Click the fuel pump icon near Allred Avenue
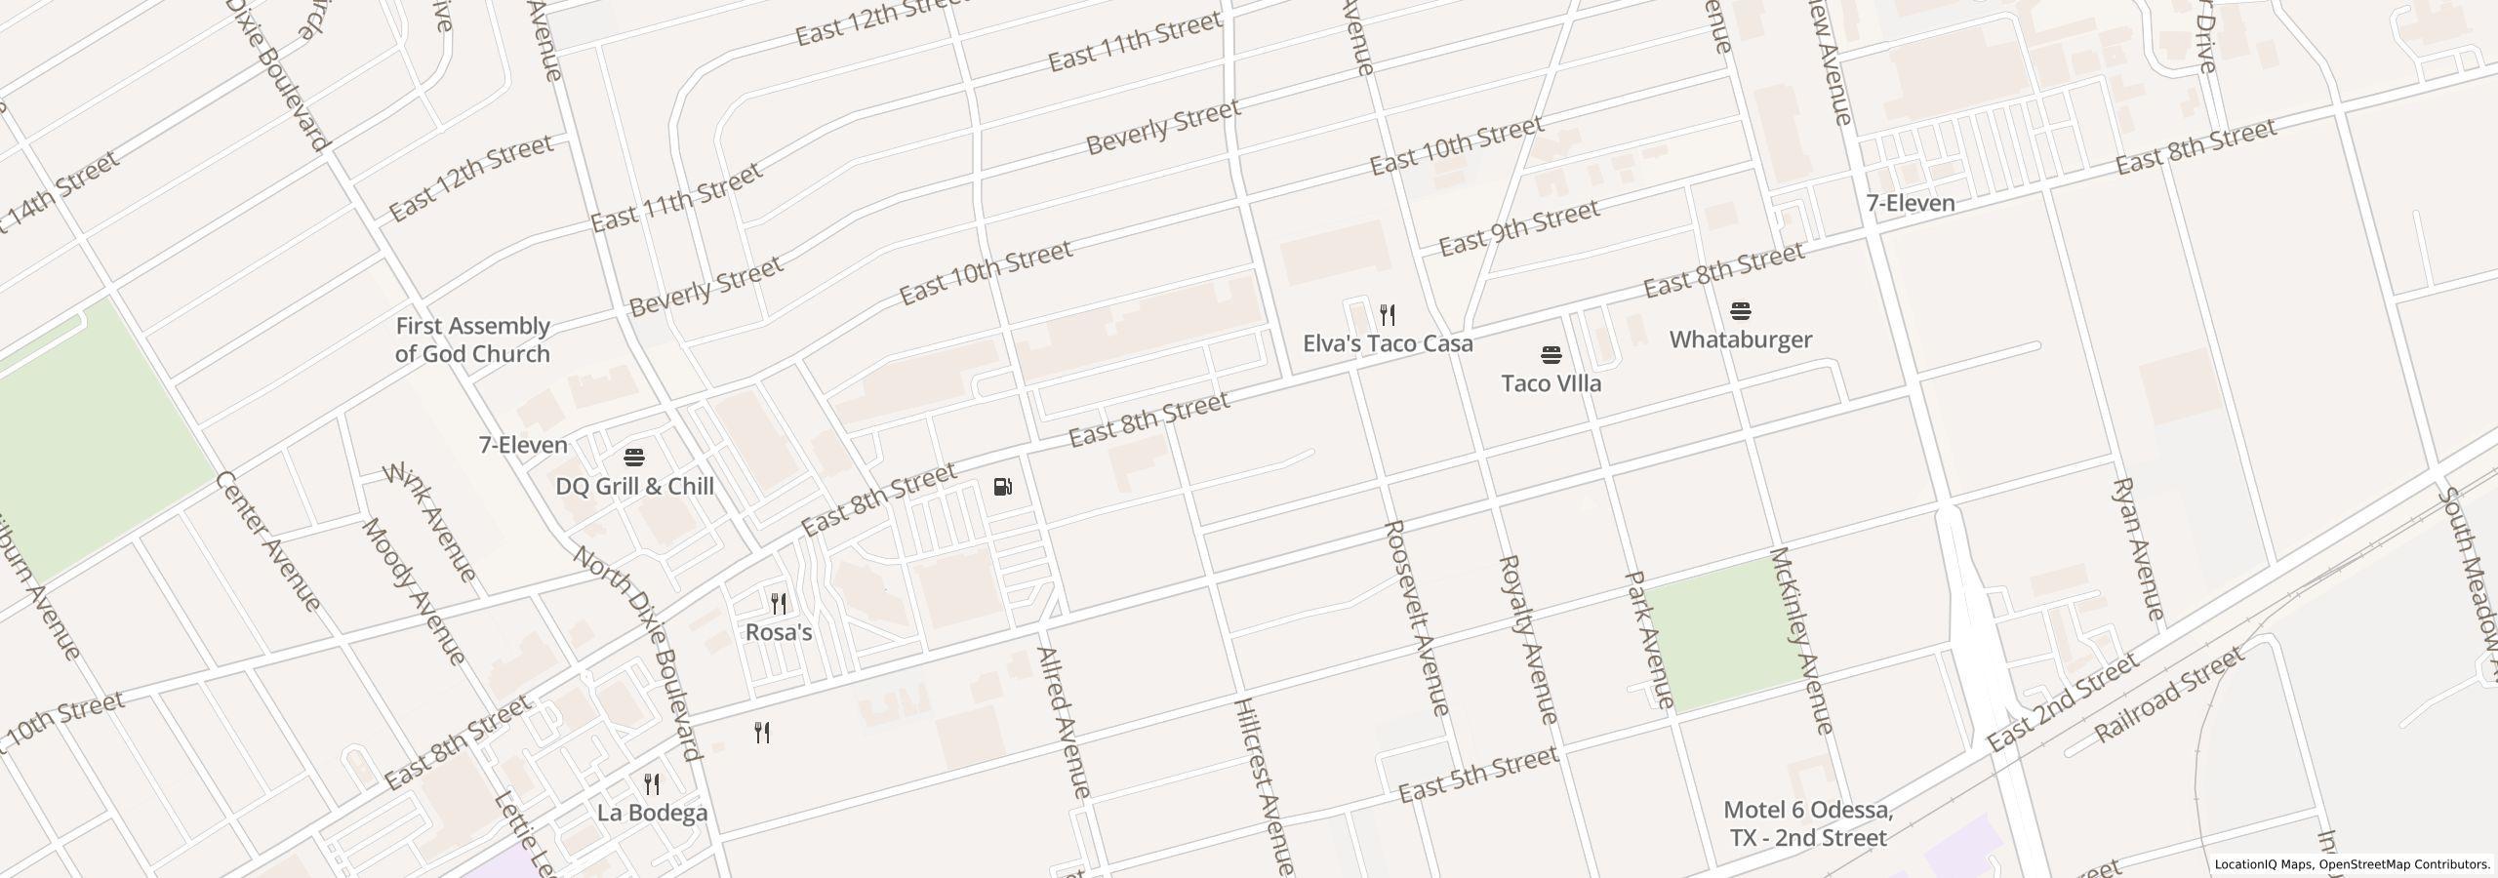coord(1002,487)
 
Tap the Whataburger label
coord(1741,339)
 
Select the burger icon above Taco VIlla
coord(1551,355)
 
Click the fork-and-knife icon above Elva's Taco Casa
coord(1388,315)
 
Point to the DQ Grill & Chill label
coord(635,486)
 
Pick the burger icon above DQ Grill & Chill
coord(634,458)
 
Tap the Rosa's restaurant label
coord(779,632)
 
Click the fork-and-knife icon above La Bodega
coord(652,784)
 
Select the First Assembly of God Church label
coord(473,339)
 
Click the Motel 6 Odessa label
coord(1808,823)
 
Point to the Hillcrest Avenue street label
coord(1264,785)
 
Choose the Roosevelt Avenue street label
coord(1417,618)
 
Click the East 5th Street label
coord(1478,775)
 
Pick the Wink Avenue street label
coord(430,523)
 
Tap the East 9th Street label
coord(1519,226)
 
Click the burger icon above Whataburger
coord(1741,312)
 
